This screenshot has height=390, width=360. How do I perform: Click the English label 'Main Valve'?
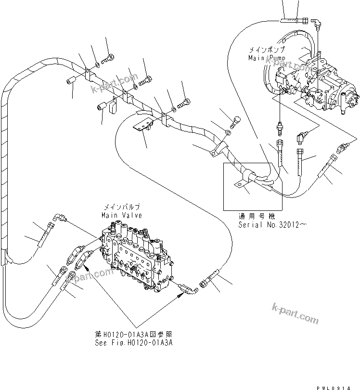(121, 215)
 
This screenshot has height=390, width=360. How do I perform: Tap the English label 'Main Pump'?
(267, 57)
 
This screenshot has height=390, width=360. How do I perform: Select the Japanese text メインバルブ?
(121, 208)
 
